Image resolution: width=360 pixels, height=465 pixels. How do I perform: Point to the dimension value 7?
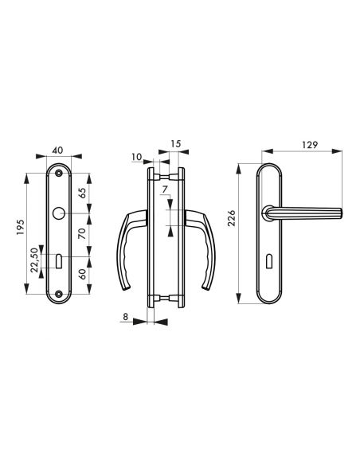(163, 190)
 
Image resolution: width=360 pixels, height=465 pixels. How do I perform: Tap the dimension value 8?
(127, 317)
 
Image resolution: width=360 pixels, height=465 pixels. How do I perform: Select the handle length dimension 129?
(311, 145)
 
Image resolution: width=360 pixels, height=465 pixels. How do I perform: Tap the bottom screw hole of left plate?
(60, 295)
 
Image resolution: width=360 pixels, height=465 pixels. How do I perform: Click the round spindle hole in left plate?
(60, 215)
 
